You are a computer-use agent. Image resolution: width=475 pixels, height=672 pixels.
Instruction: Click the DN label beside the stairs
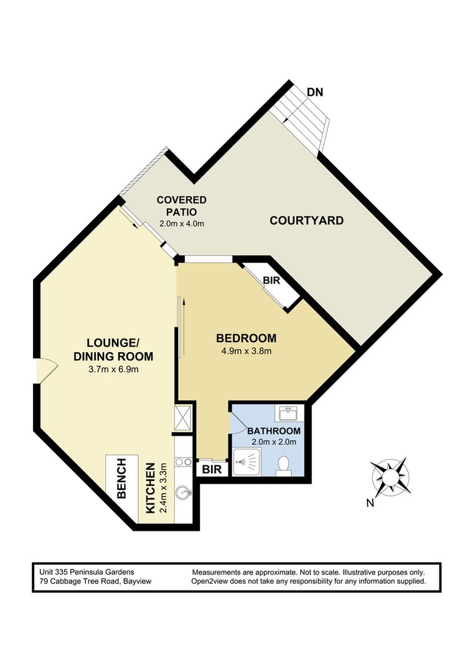point(315,92)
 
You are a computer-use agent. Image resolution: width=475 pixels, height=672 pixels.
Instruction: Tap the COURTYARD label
point(306,221)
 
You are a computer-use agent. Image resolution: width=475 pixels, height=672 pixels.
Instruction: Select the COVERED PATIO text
point(181,206)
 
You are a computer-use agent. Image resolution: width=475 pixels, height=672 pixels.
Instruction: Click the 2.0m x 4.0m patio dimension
point(181,223)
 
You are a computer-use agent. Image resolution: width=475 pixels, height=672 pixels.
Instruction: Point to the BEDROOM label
point(246,338)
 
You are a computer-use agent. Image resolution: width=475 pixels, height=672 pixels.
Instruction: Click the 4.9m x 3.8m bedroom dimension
point(246,352)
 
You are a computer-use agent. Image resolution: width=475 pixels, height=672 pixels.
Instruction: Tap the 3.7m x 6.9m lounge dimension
point(113,369)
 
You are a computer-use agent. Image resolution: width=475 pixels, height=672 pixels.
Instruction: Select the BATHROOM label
point(274,431)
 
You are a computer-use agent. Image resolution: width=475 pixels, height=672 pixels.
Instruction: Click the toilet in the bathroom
point(283,465)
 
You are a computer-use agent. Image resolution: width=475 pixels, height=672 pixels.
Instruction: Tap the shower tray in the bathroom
point(246,462)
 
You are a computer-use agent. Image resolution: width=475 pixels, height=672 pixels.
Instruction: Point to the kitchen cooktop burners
point(183,462)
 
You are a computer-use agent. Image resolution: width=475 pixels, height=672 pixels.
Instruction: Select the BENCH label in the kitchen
point(122,478)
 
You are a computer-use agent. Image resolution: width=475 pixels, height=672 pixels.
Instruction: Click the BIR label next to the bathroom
point(212,469)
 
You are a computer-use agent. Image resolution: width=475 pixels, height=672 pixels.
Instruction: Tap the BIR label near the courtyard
point(271,281)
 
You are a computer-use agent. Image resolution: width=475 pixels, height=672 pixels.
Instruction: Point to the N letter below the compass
point(370,503)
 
